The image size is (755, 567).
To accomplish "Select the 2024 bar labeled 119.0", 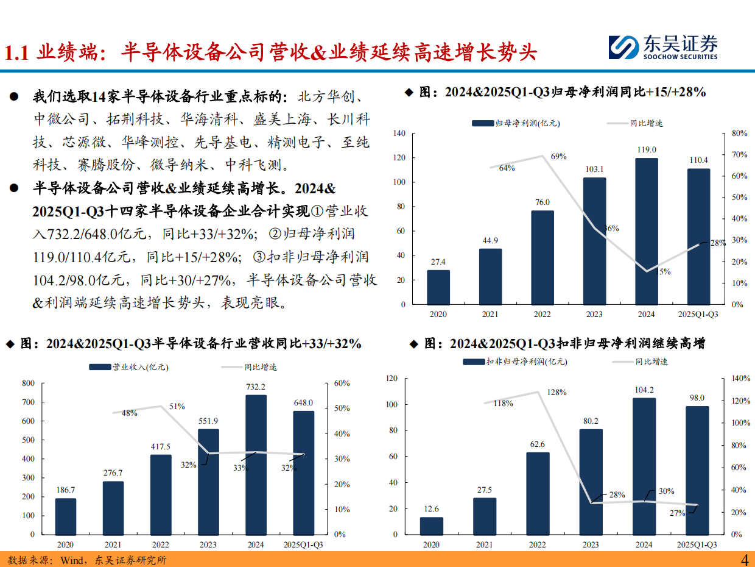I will [x=646, y=231].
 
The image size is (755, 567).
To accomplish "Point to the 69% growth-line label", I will [x=559, y=157].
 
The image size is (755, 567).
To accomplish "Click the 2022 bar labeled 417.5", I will [x=161, y=494].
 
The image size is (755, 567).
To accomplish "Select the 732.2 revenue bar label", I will [x=255, y=387].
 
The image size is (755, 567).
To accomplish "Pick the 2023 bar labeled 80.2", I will [x=591, y=482].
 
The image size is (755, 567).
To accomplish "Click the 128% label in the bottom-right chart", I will [x=556, y=392].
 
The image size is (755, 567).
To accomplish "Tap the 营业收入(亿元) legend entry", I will [x=128, y=367].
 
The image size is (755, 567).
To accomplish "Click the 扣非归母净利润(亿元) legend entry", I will [x=514, y=362].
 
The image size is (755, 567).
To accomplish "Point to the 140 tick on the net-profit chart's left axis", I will [x=399, y=133].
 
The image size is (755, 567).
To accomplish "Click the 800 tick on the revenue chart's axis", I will [x=28, y=383].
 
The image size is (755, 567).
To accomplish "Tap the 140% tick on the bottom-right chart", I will [x=740, y=379].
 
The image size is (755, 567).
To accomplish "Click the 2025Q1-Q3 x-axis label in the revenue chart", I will [x=303, y=544].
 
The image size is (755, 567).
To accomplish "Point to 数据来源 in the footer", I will [x=23, y=560].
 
